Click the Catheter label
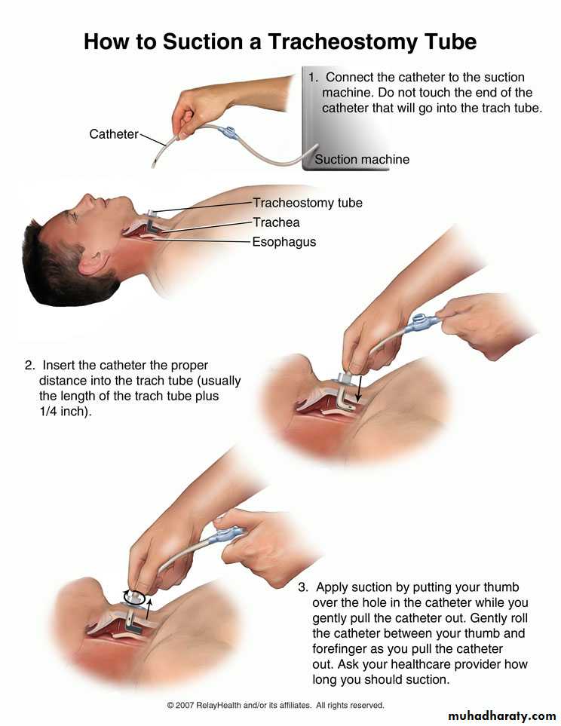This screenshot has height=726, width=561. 114,134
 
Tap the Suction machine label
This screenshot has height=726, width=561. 362,159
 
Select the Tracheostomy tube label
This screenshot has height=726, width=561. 308,203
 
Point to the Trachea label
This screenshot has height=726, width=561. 276,222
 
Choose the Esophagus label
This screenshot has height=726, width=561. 284,242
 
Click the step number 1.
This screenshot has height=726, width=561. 313,78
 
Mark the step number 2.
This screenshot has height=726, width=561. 29,366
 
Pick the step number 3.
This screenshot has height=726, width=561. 303,587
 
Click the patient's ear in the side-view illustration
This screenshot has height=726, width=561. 94,262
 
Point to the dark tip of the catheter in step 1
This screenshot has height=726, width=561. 155,163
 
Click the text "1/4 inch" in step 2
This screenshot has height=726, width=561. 64,411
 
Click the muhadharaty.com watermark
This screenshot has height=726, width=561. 501,715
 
